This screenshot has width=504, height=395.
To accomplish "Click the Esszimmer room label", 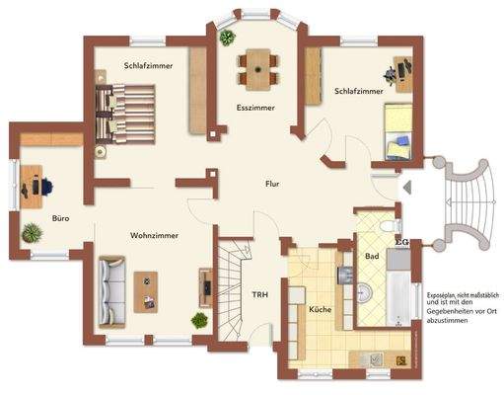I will (254, 107).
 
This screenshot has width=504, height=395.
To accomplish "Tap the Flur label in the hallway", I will (271, 184).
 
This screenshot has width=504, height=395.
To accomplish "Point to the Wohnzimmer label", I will (153, 235).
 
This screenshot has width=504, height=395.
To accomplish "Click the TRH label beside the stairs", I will (259, 294).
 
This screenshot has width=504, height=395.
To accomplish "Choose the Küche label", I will (320, 310).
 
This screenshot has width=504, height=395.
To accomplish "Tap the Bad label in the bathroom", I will (372, 256).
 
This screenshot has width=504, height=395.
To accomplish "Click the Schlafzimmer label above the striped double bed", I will (149, 66).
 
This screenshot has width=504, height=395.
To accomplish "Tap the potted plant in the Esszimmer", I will (228, 38).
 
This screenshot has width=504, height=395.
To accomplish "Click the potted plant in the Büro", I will (32, 233).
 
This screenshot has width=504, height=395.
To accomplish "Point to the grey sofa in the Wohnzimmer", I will (110, 281).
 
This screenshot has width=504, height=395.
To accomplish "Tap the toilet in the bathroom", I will (386, 228).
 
